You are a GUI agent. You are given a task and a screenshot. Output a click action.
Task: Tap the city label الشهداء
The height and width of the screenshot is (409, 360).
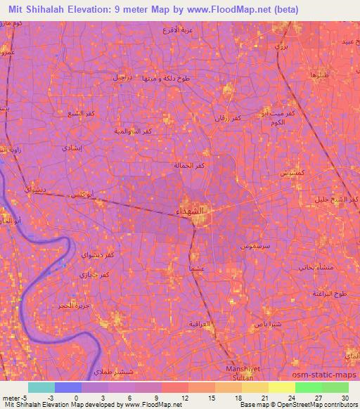pyautogui.click(x=188, y=210)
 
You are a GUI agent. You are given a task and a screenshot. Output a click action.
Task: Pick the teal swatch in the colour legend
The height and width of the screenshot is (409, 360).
pyautogui.click(x=41, y=387)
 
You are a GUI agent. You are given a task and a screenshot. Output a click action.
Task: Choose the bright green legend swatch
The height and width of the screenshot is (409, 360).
pyautogui.click(x=308, y=387)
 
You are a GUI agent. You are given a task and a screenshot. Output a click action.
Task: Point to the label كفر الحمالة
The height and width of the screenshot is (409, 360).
pyautogui.click(x=190, y=165)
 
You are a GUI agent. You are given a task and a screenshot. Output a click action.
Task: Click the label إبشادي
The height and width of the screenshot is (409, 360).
pyautogui.click(x=72, y=148)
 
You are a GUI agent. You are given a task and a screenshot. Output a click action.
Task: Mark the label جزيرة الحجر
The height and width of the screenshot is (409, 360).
pyautogui.click(x=73, y=307)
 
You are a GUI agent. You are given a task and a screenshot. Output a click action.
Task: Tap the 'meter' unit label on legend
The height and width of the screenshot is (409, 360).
pyautogui.click(x=11, y=397)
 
